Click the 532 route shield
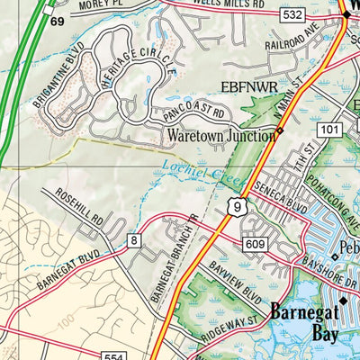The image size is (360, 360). click(x=291, y=15)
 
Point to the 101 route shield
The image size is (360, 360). click(x=329, y=131)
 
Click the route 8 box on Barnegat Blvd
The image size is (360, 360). click(x=134, y=239)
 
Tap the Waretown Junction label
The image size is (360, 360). click(x=220, y=136)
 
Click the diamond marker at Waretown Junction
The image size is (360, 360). click(x=280, y=132)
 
